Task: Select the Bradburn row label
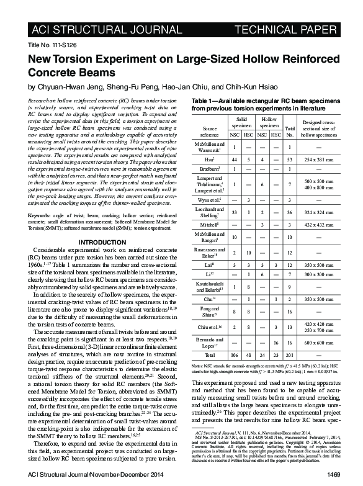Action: pos(209,169)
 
